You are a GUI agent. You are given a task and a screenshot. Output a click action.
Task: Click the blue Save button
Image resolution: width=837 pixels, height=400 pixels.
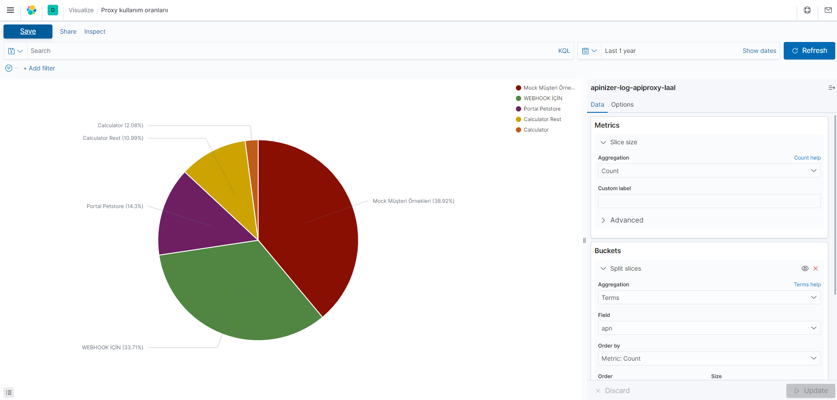[x=28, y=31]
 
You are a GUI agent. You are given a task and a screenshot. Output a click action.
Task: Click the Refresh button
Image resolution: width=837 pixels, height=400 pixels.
[x=809, y=51]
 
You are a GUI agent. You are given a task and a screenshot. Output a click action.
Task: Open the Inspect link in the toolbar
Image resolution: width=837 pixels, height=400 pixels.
[x=95, y=31]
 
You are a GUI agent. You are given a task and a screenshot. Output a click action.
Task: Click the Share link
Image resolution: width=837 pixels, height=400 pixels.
[x=68, y=31]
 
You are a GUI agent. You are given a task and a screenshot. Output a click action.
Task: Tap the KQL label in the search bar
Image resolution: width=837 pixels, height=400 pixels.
[x=564, y=51]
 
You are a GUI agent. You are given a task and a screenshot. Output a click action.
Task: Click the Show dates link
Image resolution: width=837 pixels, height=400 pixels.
[x=759, y=51]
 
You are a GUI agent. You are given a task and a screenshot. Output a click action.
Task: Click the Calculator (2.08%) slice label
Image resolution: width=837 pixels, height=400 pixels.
[x=120, y=125]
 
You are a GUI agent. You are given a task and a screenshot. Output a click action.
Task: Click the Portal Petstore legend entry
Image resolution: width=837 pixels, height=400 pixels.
[x=542, y=109]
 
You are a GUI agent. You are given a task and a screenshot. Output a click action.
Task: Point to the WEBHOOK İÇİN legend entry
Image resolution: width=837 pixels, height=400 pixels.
[x=543, y=98]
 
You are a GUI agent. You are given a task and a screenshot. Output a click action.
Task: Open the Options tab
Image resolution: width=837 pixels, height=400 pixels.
[x=622, y=104]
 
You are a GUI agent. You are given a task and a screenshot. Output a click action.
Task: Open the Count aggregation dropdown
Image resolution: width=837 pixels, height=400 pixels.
[x=709, y=171]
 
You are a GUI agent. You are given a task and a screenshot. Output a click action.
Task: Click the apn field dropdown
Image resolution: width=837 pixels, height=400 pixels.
[x=709, y=328]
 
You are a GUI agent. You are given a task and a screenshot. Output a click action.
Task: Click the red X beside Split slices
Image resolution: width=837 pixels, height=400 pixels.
[x=816, y=268]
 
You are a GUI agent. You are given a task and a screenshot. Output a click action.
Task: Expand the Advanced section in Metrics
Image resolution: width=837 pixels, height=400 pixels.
[x=626, y=220]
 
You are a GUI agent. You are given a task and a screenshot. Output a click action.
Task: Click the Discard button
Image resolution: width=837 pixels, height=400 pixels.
[x=612, y=391]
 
